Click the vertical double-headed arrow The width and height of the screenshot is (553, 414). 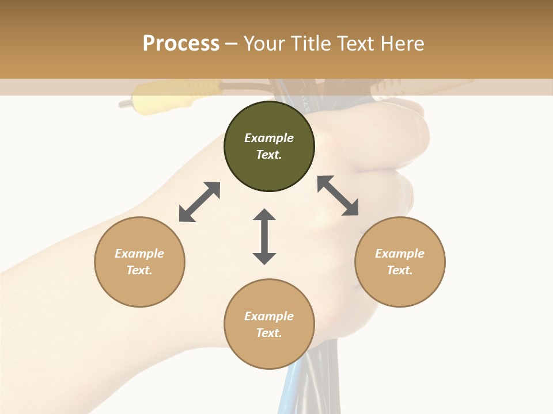(x=264, y=236)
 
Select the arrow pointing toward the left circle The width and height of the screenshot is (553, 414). (x=199, y=202)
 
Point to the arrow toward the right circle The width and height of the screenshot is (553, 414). (x=338, y=195)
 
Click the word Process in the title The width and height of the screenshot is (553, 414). (x=181, y=43)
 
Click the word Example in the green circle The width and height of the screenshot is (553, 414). (x=269, y=138)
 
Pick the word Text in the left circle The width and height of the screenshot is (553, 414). (x=139, y=270)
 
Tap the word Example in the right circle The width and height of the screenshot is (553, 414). (x=400, y=254)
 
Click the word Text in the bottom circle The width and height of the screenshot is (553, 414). (x=269, y=333)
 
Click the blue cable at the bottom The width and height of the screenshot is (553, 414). (x=288, y=397)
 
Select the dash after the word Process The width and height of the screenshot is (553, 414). (x=232, y=44)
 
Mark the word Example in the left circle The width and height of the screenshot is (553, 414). (x=139, y=254)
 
